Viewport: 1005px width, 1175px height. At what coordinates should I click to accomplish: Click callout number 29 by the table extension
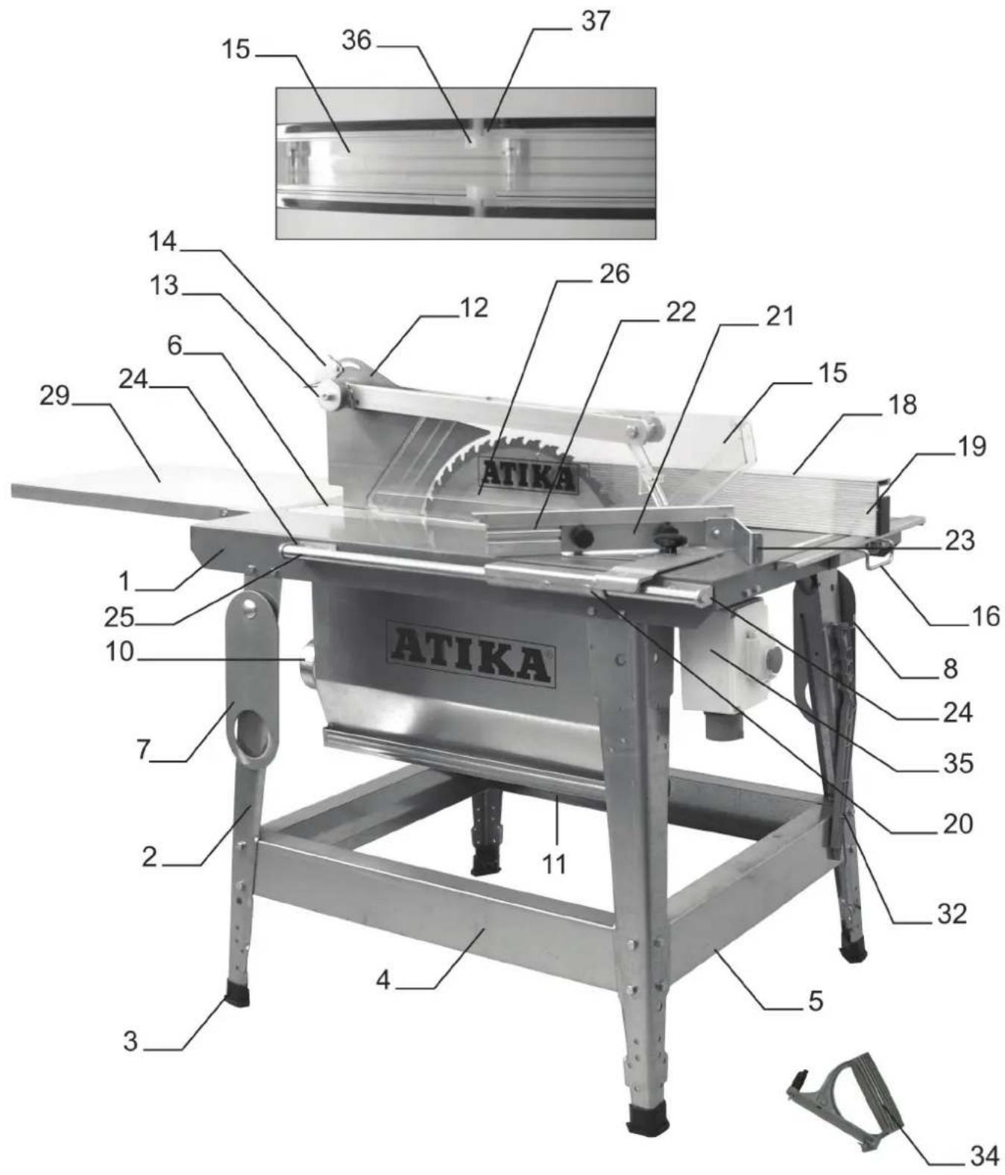[54, 395]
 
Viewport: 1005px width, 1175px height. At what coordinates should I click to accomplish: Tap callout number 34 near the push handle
[983, 1156]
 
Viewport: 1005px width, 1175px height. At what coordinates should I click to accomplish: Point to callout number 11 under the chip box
[553, 864]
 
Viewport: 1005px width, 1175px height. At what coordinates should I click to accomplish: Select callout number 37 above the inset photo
[595, 21]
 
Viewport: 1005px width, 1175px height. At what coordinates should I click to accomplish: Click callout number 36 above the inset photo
[356, 40]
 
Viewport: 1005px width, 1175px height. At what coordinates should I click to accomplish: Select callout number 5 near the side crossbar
[816, 1000]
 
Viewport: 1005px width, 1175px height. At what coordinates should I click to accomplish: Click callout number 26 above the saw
[614, 274]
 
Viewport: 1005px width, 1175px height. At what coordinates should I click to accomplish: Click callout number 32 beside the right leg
[951, 913]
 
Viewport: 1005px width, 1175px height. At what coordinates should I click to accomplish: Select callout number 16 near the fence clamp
[985, 616]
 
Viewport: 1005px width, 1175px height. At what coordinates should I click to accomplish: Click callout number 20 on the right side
[958, 823]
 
